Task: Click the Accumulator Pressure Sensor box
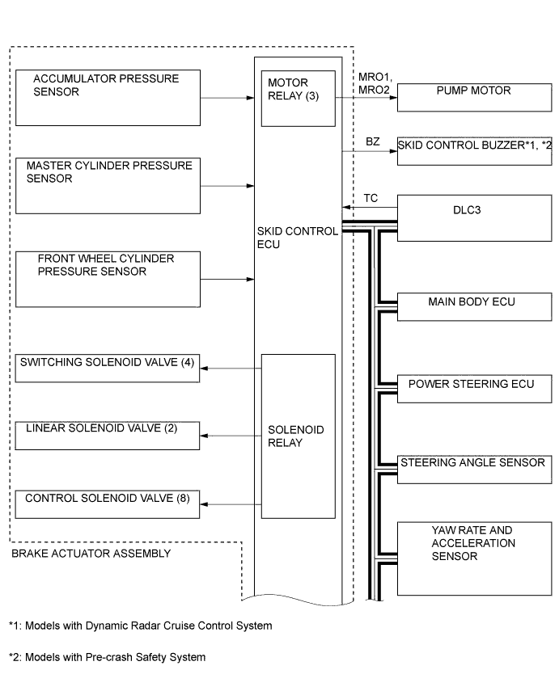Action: tap(108, 97)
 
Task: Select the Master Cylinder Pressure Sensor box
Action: tap(108, 185)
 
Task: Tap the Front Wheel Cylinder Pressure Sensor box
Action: tap(108, 279)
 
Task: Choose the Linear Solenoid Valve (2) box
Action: tap(108, 435)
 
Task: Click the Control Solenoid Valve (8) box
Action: tap(108, 504)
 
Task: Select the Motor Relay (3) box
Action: tap(298, 98)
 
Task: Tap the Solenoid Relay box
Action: tap(298, 436)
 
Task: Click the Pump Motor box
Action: tap(473, 96)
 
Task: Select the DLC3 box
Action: tap(473, 219)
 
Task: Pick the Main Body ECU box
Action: tap(473, 309)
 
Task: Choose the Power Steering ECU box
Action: tap(473, 390)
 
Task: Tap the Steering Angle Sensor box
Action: tap(473, 469)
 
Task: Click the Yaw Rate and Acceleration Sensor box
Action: tap(473, 558)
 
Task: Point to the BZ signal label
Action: tap(372, 141)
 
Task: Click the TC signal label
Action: tap(371, 198)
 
